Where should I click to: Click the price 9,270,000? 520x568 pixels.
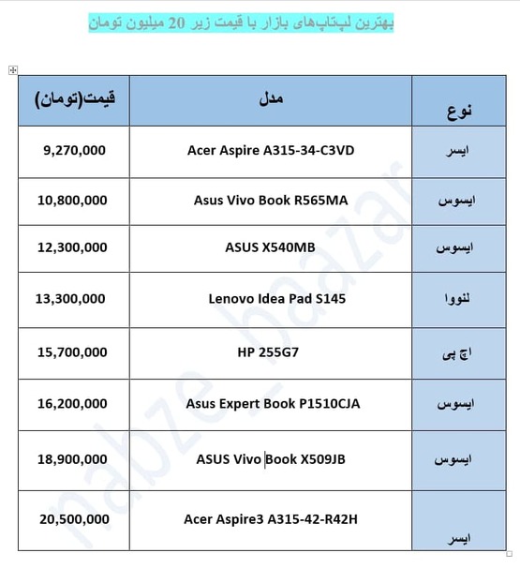(74, 149)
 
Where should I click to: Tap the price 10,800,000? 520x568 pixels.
(74, 200)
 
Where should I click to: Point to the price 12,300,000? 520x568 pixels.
(74, 248)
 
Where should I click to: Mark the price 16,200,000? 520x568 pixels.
(74, 405)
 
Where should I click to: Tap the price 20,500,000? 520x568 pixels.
(74, 517)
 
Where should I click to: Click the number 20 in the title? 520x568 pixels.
(175, 22)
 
